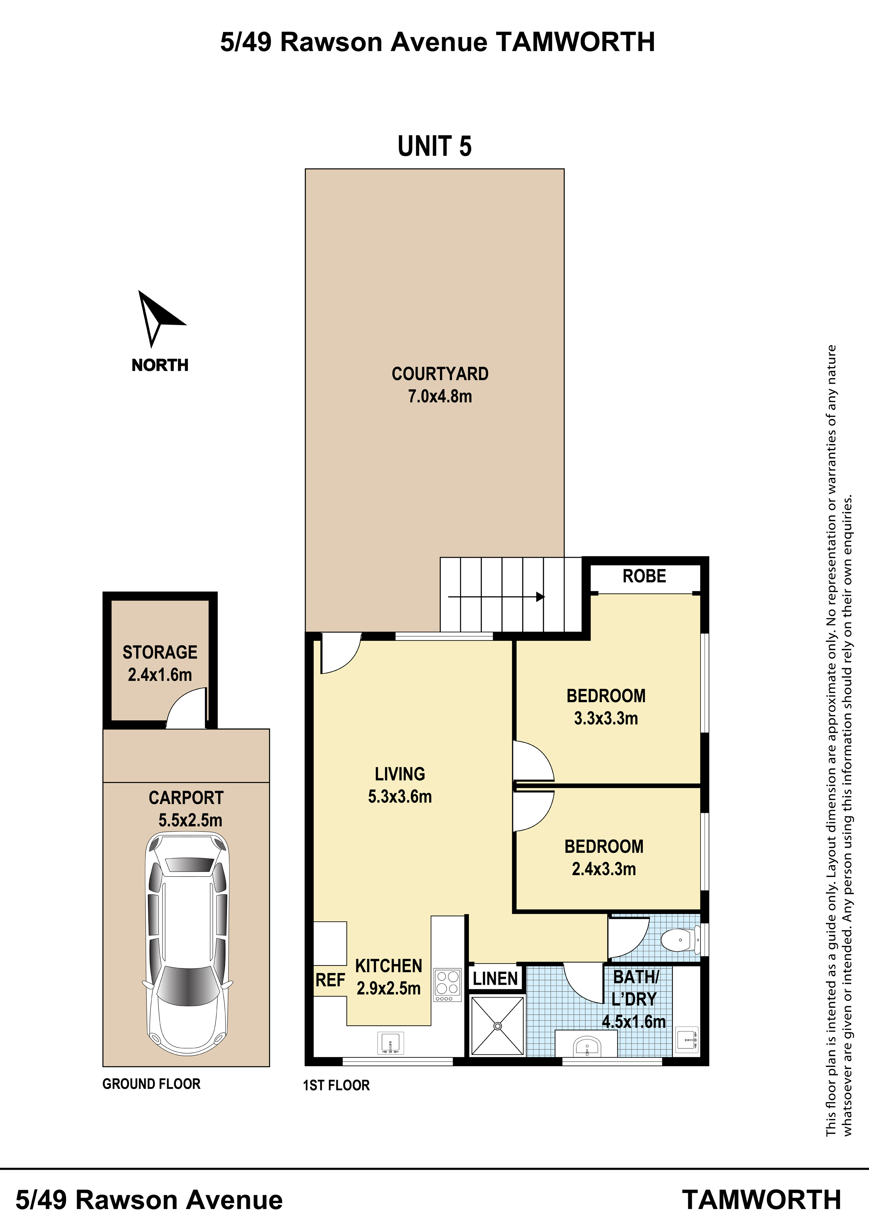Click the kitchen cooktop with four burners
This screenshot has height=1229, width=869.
447,985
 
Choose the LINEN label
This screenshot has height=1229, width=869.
495,979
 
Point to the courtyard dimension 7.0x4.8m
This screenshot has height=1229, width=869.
440,396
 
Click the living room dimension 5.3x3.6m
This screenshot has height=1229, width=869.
400,796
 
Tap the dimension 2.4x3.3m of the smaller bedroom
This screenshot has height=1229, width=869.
604,869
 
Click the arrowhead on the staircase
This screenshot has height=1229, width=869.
540,596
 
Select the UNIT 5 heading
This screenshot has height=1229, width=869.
435,146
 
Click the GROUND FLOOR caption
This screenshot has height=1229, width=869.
151,1084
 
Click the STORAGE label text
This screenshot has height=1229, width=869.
160,652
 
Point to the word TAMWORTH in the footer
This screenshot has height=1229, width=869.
762,1200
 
